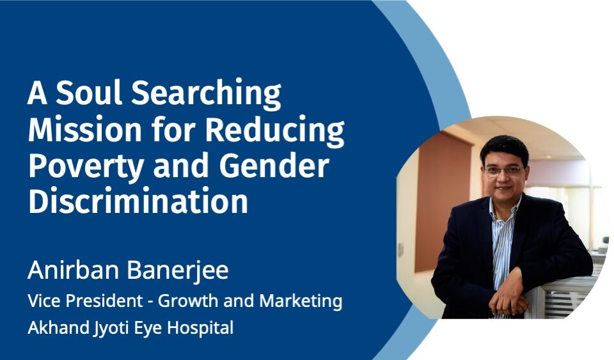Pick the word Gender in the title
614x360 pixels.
click(x=274, y=166)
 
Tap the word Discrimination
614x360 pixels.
click(x=138, y=201)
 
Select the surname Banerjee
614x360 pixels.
click(x=174, y=270)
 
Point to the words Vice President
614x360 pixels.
click(x=85, y=301)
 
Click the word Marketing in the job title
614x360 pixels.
click(x=301, y=302)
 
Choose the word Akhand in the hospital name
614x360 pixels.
click(x=58, y=327)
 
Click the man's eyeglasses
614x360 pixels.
click(x=503, y=170)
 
